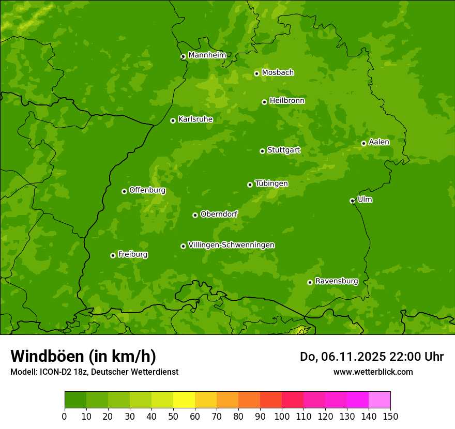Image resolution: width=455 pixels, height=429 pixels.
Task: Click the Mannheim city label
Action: tap(207, 55)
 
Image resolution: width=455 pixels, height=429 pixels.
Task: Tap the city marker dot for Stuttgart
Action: tap(262, 151)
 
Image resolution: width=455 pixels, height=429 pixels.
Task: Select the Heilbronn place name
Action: tap(287, 101)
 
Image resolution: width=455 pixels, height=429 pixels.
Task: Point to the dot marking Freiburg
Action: tap(113, 255)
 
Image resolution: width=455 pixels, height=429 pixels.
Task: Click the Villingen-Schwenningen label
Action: tap(231, 245)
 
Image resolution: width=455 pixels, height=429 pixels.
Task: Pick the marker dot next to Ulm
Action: tap(352, 201)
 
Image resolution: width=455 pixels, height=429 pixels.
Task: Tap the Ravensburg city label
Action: tap(337, 281)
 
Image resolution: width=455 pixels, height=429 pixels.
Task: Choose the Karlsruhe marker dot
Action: tap(173, 120)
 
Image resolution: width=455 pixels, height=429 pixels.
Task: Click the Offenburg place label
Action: tap(147, 190)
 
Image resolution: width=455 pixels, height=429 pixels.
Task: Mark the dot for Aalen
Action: tap(363, 143)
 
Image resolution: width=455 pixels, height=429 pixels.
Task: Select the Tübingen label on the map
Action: tap(271, 183)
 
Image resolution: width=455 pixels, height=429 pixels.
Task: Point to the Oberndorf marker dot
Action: tap(195, 215)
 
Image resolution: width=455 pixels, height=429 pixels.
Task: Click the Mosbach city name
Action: tap(278, 73)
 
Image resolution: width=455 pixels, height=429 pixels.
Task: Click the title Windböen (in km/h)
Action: tap(83, 356)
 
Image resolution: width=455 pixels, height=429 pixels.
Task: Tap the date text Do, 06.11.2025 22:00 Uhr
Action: tap(371, 357)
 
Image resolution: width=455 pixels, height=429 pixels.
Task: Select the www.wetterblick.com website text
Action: tap(373, 372)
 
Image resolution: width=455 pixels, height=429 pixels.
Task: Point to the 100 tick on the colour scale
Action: tap(282, 416)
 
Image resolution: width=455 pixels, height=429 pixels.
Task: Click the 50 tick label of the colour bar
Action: tap(173, 416)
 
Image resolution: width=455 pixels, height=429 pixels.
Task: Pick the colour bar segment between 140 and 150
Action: tap(380, 400)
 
